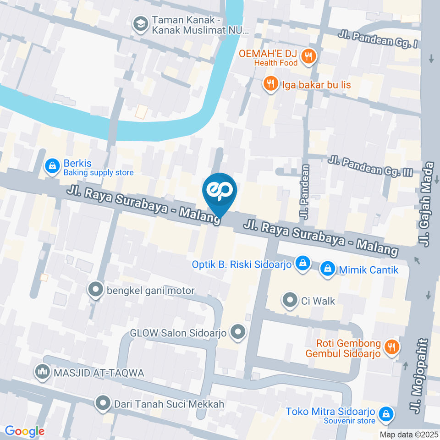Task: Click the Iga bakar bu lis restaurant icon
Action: pos(271,84)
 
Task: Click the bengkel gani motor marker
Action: pos(96,290)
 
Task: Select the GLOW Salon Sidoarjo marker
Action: pos(237,332)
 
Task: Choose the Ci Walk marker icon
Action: pos(290,301)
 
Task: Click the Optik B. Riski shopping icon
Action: pos(302,264)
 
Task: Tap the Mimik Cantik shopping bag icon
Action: pos(327,269)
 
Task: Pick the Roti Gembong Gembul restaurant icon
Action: pos(391,347)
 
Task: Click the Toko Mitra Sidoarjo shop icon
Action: pos(387,414)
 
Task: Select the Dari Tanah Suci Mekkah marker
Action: pos(104,403)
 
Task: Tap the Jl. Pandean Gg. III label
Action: pos(371,167)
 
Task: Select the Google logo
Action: pos(24,431)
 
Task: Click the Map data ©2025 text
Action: pos(408,434)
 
